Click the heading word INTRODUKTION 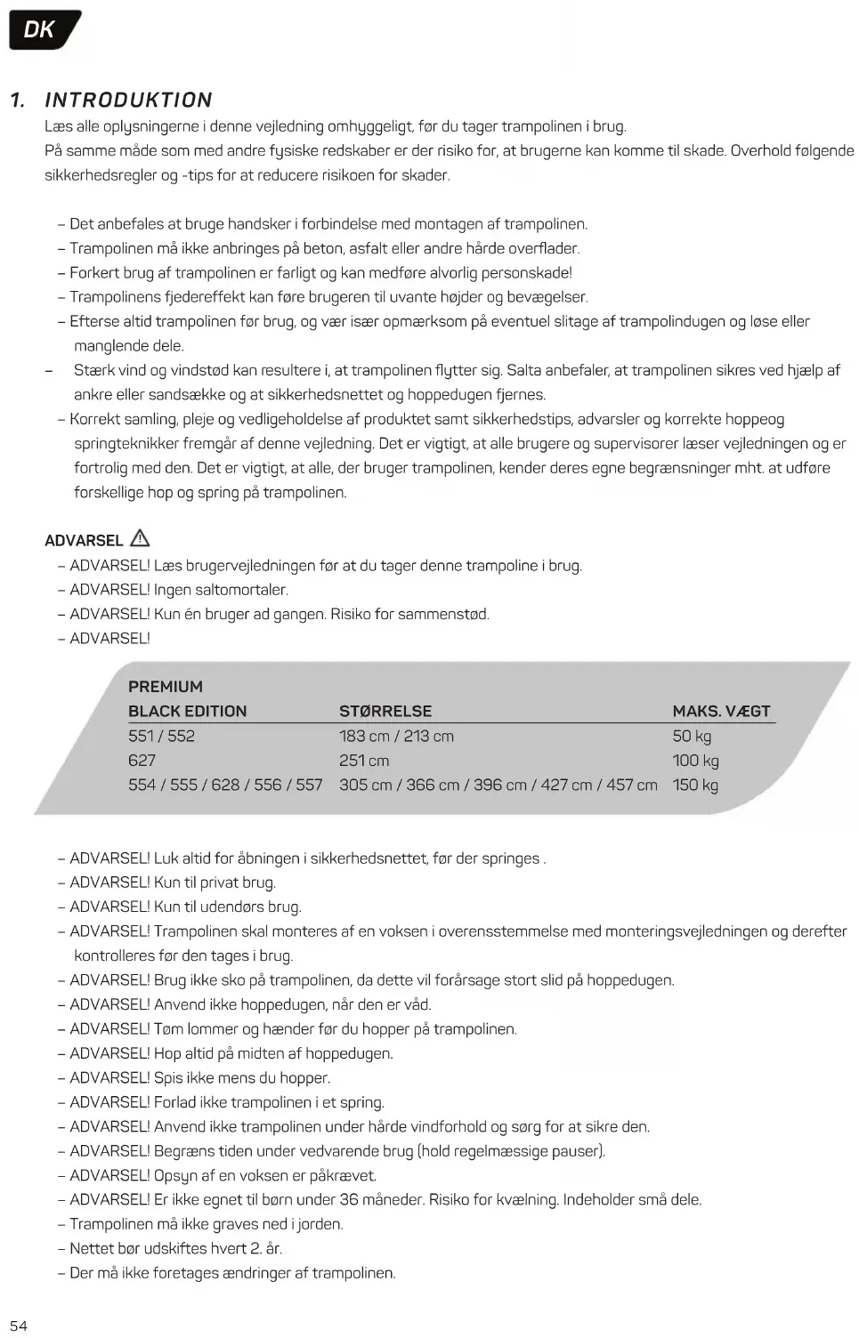pos(129,100)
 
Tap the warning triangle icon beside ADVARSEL pos(140,538)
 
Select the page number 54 pos(19,1326)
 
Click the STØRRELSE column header pos(385,711)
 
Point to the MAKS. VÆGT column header pos(721,711)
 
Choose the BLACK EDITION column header pos(187,711)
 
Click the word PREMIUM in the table pos(166,686)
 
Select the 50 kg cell pos(692,736)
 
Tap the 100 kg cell pos(695,761)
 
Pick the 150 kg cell pos(695,785)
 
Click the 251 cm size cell pos(364,761)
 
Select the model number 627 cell pos(142,761)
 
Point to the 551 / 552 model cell pos(161,736)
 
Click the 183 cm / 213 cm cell pos(396,736)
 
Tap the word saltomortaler pos(241,590)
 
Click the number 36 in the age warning pos(350,1199)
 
